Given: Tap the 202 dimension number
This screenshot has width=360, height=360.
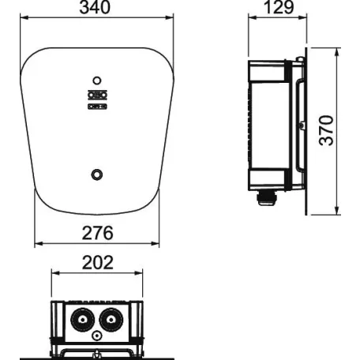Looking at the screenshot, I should (96, 262).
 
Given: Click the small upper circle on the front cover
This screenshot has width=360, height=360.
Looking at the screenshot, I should (96, 81).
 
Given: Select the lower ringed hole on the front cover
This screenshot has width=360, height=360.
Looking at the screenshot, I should (96, 173).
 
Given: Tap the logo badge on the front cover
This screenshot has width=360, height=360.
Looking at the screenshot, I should (96, 99).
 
